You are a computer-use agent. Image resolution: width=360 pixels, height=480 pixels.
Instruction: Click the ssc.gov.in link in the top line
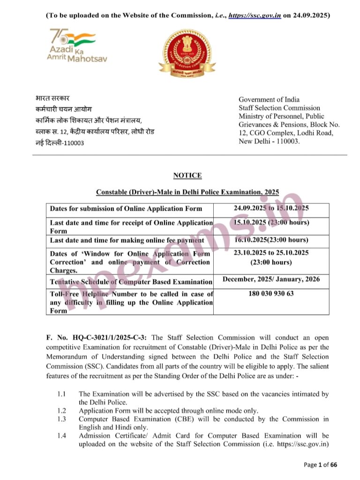[255, 15]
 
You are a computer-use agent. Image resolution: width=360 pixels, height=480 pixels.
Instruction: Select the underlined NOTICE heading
[187, 175]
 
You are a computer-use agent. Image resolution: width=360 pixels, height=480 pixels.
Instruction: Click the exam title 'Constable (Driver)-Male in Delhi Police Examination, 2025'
[187, 192]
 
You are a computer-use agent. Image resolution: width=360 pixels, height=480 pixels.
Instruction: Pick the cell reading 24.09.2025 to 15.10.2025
[271, 208]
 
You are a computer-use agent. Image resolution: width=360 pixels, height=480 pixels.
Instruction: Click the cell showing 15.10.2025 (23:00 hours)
[271, 222]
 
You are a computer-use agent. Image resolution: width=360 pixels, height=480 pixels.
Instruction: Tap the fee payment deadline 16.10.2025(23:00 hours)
[271, 240]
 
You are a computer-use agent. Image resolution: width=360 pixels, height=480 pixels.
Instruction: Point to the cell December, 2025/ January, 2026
[271, 279]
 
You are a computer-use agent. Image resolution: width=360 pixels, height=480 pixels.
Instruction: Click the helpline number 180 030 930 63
[271, 294]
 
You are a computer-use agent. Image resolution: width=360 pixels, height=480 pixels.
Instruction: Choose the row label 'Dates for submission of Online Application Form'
[126, 209]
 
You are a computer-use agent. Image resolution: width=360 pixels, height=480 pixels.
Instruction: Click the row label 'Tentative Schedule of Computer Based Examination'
[131, 282]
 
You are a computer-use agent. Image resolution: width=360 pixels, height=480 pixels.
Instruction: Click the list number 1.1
[61, 394]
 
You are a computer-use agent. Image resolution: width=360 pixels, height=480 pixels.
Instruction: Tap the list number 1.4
[61, 436]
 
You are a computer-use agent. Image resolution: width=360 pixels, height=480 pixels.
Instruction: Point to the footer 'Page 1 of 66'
[321, 465]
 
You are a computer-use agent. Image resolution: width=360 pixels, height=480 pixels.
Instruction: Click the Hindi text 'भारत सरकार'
[52, 98]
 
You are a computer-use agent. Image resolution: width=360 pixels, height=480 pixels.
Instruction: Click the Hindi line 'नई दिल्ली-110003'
[60, 142]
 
